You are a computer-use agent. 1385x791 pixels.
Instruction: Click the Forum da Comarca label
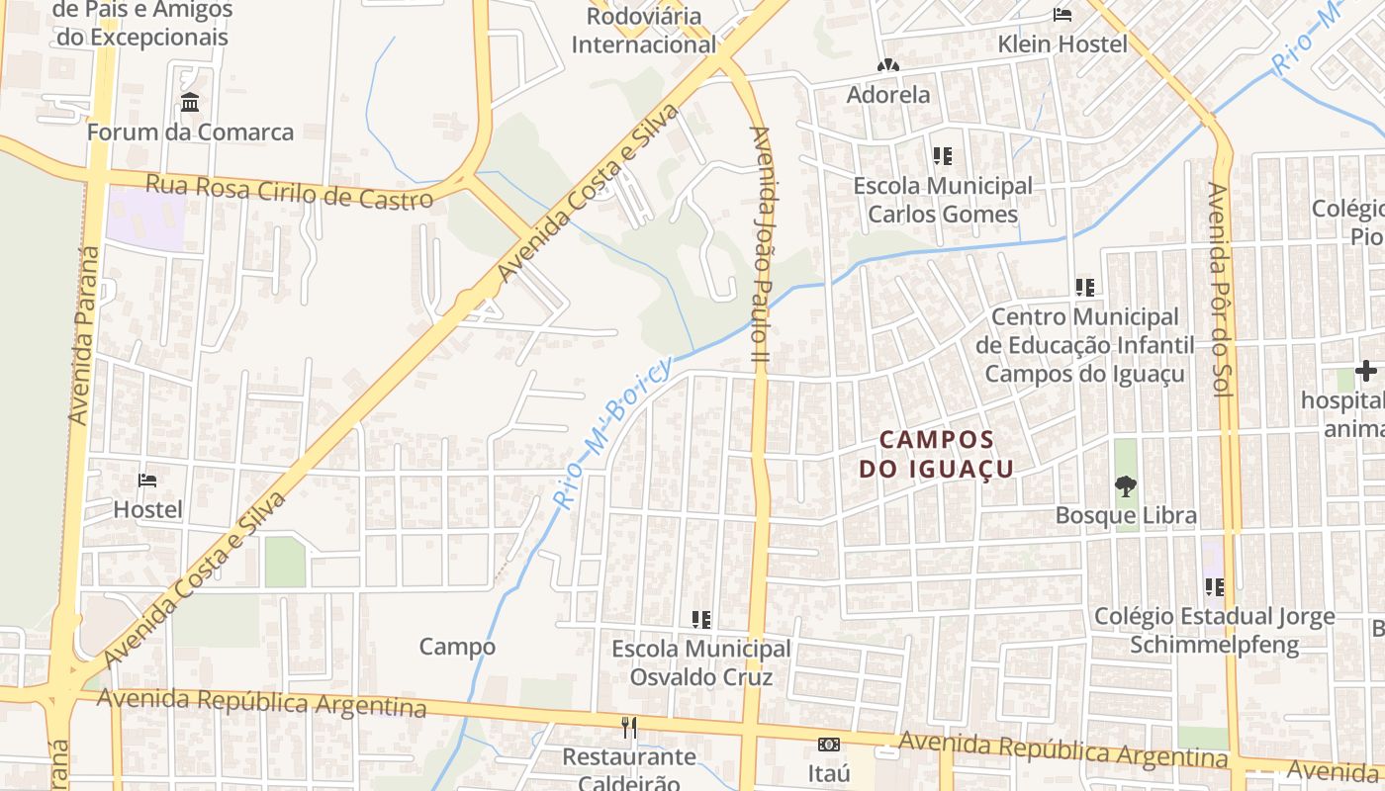tap(190, 132)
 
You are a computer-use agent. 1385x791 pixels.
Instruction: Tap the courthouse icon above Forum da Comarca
tap(190, 103)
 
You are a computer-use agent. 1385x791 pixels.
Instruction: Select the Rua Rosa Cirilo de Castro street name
tap(289, 192)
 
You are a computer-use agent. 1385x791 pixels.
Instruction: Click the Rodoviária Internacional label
tap(643, 31)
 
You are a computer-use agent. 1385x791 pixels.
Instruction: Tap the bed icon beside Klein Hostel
tap(1062, 15)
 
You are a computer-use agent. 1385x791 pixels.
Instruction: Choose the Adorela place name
tap(888, 95)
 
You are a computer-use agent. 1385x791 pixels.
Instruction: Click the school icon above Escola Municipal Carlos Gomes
tap(942, 156)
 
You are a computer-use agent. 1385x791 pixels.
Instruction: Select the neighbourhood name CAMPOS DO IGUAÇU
tap(936, 454)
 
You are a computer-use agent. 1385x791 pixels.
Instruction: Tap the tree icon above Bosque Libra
tap(1125, 485)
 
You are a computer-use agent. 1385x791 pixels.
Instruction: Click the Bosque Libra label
tap(1126, 515)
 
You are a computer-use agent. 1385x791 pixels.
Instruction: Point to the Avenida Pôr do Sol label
tap(1219, 291)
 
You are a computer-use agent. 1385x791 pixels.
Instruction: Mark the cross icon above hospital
tap(1366, 372)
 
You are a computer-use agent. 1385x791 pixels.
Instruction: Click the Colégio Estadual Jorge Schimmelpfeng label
tap(1214, 631)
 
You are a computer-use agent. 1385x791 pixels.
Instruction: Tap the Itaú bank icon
tap(829, 745)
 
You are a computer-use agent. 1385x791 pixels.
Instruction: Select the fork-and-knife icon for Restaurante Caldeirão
tap(629, 728)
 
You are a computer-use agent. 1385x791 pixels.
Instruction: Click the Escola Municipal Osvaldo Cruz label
tap(701, 663)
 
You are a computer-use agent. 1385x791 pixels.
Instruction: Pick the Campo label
tap(457, 647)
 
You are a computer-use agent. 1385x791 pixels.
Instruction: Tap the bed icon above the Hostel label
tap(147, 481)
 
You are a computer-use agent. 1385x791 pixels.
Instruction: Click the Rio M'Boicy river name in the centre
tap(613, 431)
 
